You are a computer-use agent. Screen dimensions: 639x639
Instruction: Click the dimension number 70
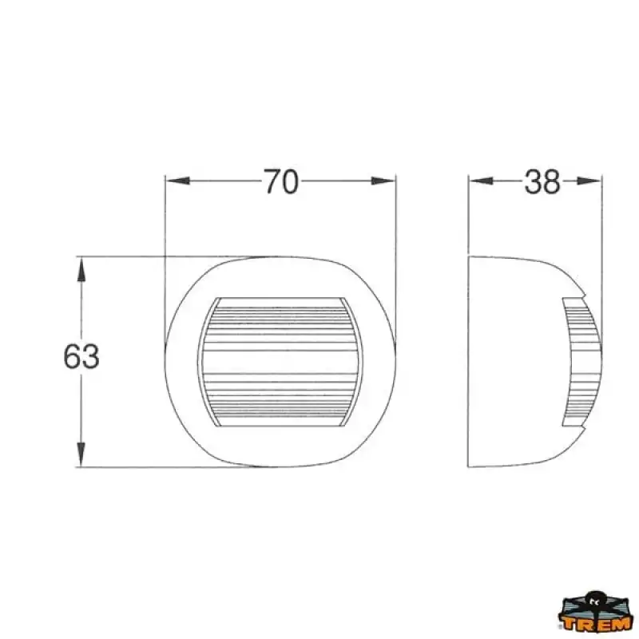coord(281,181)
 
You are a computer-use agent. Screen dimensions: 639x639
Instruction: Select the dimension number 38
coord(542,181)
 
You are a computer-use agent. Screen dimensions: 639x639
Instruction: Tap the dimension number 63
coord(81,356)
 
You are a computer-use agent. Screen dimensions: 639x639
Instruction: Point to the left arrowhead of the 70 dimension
coord(178,181)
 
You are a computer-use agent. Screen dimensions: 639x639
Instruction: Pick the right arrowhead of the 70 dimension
coord(383,181)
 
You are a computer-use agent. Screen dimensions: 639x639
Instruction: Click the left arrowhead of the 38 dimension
coord(481,181)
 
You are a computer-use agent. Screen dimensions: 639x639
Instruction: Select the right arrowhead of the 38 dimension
coord(589,181)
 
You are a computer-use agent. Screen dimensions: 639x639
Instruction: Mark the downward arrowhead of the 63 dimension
coord(81,454)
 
